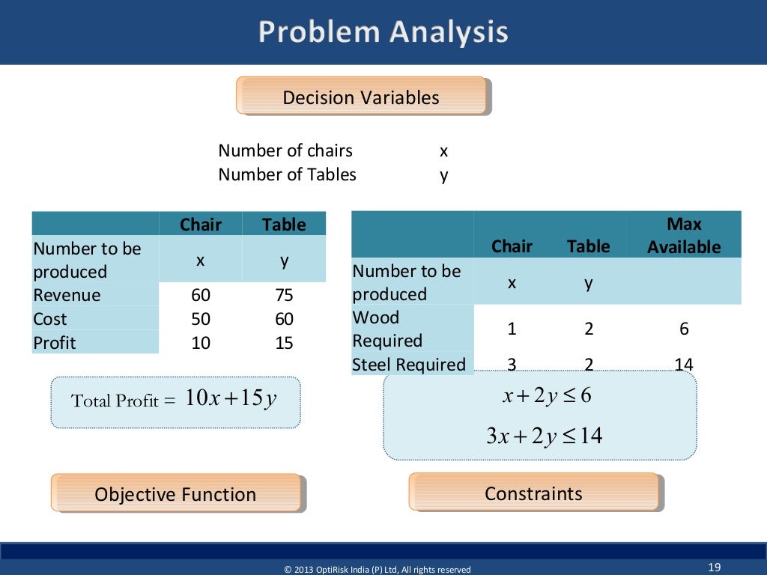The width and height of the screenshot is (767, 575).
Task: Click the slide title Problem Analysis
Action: pos(383,32)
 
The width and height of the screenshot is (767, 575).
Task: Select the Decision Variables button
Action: pos(361,97)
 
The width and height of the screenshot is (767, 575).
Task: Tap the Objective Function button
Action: pos(175,494)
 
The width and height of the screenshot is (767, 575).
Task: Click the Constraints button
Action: pos(533,493)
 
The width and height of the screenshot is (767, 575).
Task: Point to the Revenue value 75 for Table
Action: pos(284,295)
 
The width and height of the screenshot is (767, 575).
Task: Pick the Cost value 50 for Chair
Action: pos(201,319)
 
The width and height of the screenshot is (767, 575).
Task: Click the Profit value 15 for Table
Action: pos(284,343)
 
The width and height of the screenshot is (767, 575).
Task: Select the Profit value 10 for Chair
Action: pos(201,343)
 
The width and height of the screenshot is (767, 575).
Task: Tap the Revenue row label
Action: pos(67,295)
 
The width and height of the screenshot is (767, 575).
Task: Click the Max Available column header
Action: pos(684,236)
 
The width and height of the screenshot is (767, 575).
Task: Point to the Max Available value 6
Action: pos(684,329)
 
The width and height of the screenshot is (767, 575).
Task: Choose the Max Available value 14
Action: pos(683,365)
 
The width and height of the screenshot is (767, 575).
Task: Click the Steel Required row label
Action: pos(409,365)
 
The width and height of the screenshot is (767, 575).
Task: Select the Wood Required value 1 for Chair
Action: pos(512,329)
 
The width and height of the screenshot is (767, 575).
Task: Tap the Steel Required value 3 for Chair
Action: pos(512,365)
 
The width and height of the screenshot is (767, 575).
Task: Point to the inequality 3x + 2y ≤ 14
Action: pos(545,436)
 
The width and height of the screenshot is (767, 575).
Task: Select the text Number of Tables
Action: pos(287,174)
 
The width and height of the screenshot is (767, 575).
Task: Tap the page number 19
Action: pos(714,566)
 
